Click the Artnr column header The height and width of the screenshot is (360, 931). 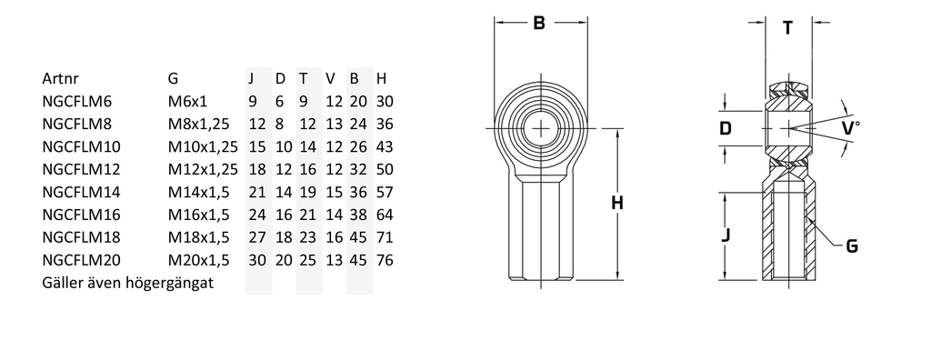coord(61,78)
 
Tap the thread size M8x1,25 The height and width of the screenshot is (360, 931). coord(199,125)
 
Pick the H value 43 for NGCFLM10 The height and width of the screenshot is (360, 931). coord(385,146)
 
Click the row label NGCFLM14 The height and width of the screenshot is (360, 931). coord(81,192)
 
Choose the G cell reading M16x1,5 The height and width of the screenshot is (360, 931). coord(199,215)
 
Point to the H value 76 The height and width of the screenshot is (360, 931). coord(385,260)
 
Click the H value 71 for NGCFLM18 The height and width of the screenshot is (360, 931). coord(385,237)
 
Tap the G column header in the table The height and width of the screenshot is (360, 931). coord(174,78)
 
